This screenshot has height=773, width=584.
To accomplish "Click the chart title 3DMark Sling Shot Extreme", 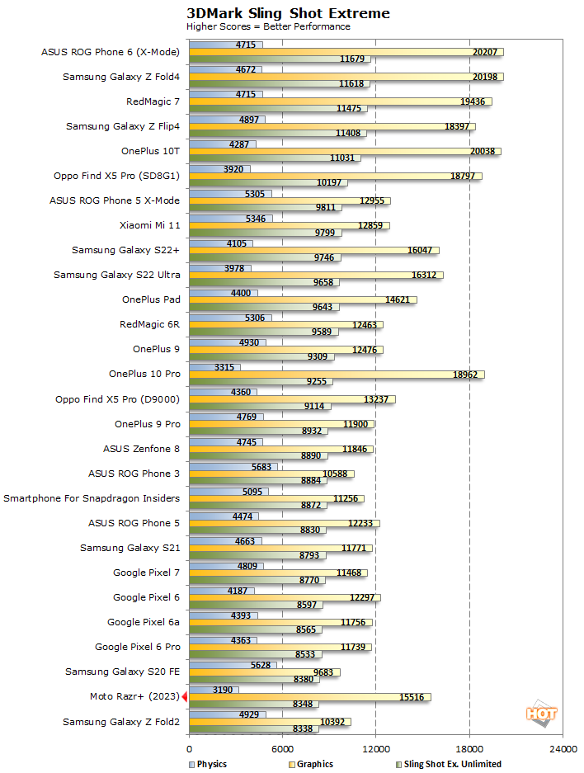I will point(288,13).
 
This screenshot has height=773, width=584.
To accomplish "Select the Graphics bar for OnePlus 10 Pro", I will point(337,375).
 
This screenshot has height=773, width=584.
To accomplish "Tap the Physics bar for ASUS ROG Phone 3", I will point(233,466).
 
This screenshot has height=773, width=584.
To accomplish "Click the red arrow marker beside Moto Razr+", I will point(185,697).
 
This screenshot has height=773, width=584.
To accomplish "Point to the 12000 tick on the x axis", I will point(376,748).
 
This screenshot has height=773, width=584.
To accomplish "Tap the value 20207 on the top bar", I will point(484,52).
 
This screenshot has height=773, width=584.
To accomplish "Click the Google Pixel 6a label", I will point(144,622).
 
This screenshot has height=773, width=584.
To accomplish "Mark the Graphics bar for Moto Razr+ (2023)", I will point(309,697).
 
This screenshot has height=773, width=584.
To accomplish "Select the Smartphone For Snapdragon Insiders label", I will point(92,498).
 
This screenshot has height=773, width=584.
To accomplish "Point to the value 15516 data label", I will point(412,697).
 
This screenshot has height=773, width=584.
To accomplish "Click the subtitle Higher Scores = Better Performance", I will point(268,26).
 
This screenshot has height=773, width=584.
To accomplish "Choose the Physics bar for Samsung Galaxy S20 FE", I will point(233,665).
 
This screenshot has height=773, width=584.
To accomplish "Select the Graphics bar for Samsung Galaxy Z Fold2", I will point(270,722).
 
